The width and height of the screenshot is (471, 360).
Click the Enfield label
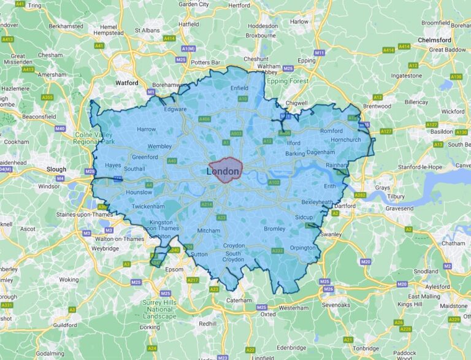click(239, 88)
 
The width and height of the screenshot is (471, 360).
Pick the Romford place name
click(331, 131)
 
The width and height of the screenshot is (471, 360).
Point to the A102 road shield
click(274, 182)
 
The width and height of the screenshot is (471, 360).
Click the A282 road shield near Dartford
click(360, 195)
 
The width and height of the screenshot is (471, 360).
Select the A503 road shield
click(235, 133)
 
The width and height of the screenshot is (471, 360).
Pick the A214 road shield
click(207, 204)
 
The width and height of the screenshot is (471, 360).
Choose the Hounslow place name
click(138, 192)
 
